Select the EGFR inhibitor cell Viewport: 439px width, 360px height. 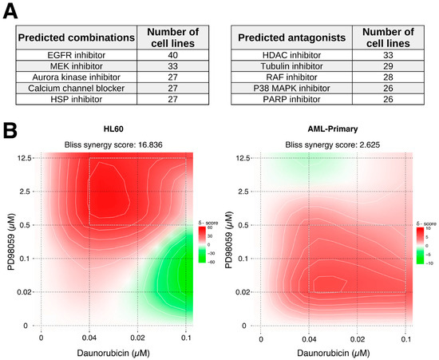[x=77, y=54]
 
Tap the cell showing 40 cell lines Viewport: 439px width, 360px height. [x=170, y=54]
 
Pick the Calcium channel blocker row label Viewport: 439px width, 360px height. [x=77, y=88]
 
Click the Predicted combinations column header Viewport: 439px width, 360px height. [x=77, y=37]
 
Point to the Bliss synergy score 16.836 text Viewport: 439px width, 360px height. [x=113, y=144]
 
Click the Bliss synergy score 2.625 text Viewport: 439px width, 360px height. [x=333, y=144]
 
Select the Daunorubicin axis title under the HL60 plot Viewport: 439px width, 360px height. [x=113, y=352]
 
